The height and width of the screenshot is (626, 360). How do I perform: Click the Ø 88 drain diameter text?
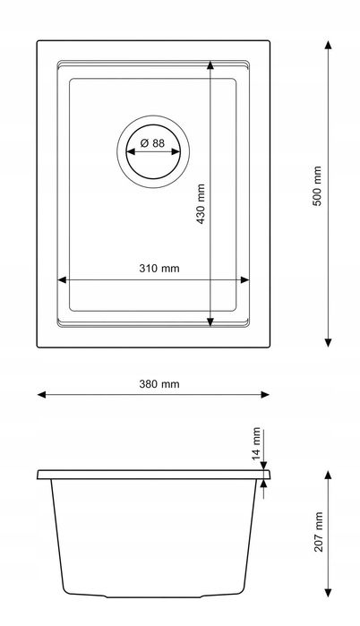[152, 143]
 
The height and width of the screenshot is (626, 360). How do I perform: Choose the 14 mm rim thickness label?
[256, 442]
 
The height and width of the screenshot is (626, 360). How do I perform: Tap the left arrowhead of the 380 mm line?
[41, 395]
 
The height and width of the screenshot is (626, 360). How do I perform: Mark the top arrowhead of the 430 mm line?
[210, 65]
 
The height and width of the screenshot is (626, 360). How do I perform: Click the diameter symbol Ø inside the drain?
[143, 143]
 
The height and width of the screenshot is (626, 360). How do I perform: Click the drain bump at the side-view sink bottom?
[152, 597]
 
